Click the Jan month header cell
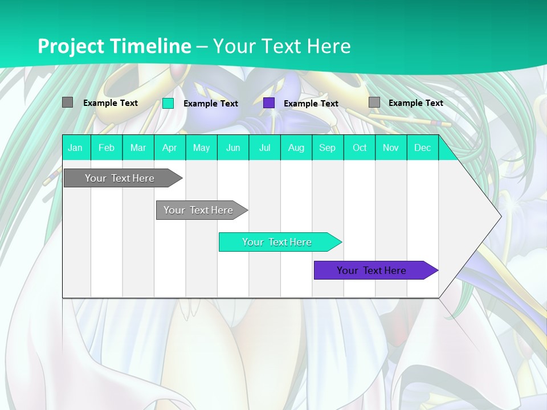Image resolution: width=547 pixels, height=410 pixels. [76, 147]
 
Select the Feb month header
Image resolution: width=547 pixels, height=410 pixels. [107, 147]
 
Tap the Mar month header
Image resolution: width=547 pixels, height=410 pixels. [138, 147]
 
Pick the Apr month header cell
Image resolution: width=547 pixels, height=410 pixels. [170, 147]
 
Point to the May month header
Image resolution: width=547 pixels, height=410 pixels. [201, 147]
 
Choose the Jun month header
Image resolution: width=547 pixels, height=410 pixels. [233, 147]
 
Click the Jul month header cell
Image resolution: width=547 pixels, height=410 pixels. [264, 147]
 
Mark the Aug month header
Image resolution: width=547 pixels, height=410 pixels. [296, 147]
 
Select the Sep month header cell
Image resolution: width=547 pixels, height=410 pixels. [328, 147]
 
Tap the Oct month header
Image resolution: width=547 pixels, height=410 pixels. [360, 147]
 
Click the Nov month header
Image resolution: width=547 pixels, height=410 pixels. [391, 147]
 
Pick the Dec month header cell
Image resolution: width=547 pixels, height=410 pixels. [423, 147]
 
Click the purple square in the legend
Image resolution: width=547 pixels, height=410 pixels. [269, 103]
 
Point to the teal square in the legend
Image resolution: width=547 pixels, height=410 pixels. [168, 103]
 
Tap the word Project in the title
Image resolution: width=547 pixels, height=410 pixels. [71, 46]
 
